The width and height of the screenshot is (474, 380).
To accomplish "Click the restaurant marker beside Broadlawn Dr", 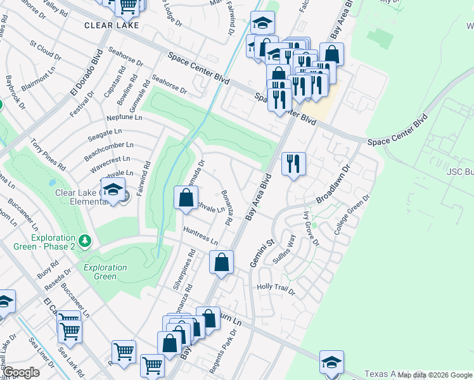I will (293, 164).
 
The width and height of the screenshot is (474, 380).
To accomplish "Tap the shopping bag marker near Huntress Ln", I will (222, 262).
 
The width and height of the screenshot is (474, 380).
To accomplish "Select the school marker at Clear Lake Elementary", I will (113, 189).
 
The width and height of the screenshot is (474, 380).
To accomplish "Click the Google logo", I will (21, 372).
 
